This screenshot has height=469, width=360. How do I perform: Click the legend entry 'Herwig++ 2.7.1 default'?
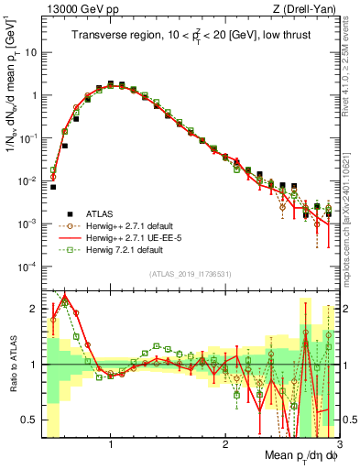click(x=133, y=224)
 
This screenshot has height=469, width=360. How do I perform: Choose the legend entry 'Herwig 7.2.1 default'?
click(x=128, y=247)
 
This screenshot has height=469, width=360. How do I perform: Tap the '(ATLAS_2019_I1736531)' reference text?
click(x=190, y=274)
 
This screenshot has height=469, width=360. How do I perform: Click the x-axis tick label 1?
click(x=110, y=443)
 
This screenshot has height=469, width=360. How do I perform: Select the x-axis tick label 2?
click(x=225, y=443)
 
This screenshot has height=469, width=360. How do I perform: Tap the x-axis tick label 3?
click(x=339, y=443)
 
